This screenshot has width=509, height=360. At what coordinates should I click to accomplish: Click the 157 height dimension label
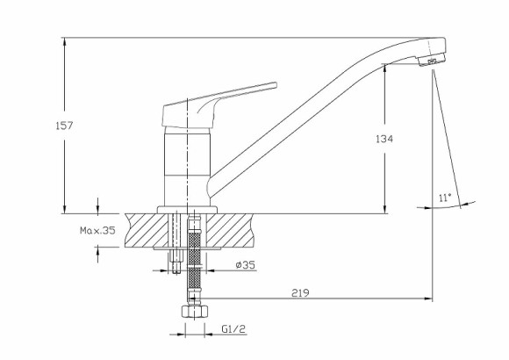pos(64,125)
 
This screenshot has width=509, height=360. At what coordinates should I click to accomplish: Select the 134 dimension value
pos(384,139)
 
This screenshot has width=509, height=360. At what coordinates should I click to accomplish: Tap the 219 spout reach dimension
pos(300,293)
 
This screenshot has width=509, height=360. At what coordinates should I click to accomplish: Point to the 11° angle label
pos(445,198)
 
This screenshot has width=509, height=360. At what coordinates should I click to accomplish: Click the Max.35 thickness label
pos(97,231)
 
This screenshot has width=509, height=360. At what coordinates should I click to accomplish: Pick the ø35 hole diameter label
pos(246,265)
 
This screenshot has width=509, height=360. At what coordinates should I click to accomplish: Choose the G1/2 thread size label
pos(233,329)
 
